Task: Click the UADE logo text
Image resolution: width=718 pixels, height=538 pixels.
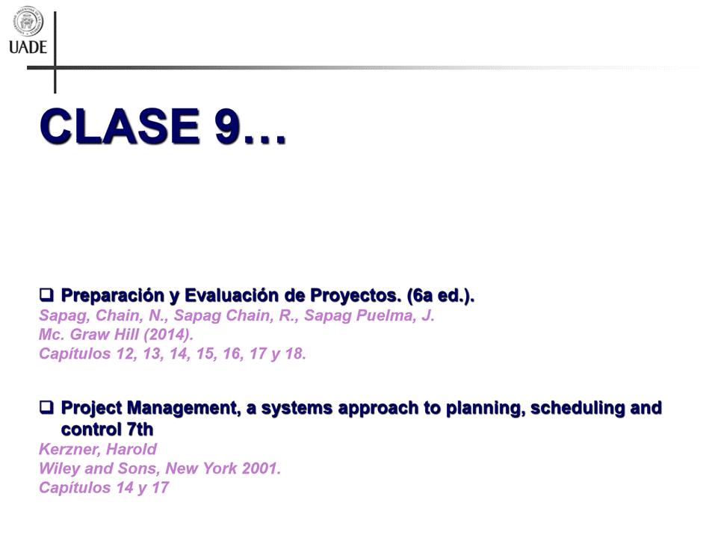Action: click(x=28, y=47)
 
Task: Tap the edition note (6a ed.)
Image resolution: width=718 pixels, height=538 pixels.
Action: click(x=441, y=296)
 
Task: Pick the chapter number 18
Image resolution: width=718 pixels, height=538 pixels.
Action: click(x=294, y=354)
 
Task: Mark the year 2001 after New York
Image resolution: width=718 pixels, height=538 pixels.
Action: click(x=261, y=469)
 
